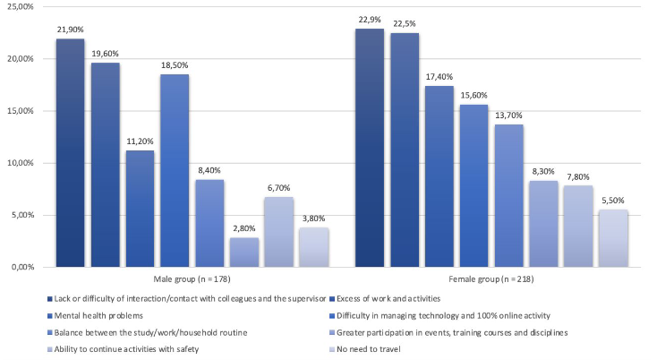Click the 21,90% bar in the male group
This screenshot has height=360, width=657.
pyautogui.click(x=70, y=152)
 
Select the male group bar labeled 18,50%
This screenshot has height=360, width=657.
pyautogui.click(x=175, y=170)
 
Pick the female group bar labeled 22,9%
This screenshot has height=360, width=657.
pyautogui.click(x=369, y=148)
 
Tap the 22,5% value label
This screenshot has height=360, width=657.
pyautogui.click(x=405, y=23)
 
